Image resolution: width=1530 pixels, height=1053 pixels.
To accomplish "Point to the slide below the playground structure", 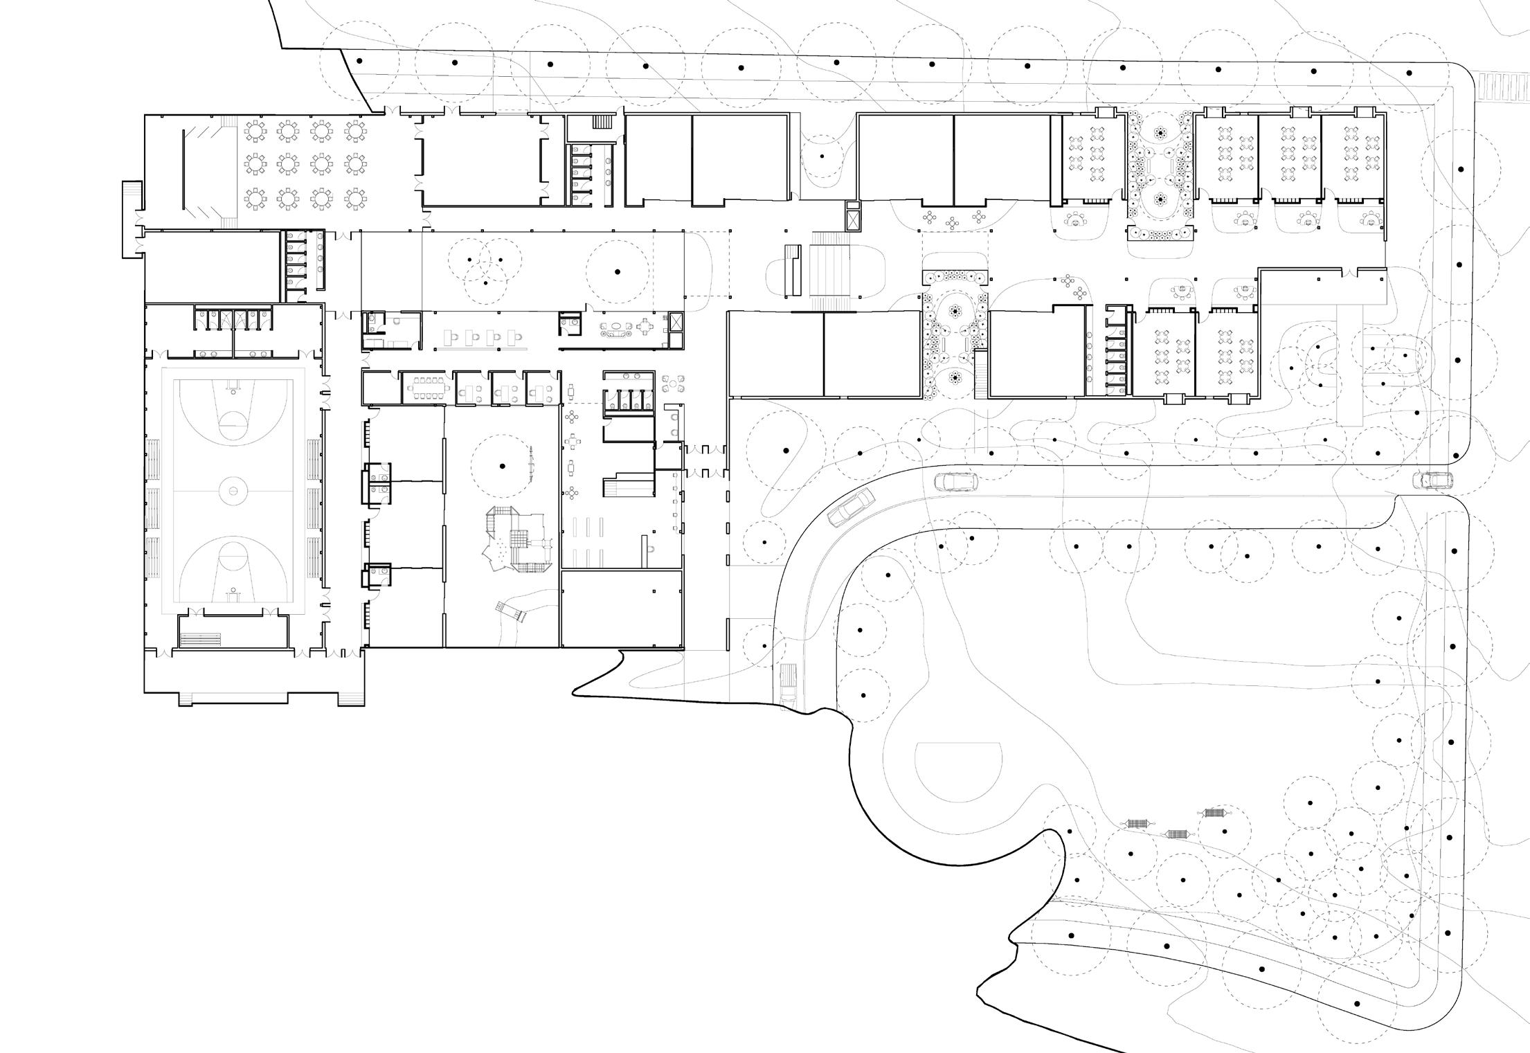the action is click(x=510, y=611).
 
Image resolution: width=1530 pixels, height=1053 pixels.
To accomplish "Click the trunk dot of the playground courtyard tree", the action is click(x=502, y=465).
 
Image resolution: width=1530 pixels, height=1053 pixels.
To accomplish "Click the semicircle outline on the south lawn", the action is click(x=958, y=771).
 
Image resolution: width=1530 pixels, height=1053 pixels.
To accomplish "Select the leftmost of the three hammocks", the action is click(x=1137, y=823).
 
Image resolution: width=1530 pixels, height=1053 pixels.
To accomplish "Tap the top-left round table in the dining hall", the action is click(x=255, y=129).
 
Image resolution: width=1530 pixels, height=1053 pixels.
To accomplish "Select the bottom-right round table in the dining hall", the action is click(x=355, y=198).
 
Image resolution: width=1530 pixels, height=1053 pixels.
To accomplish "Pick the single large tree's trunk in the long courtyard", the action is click(x=618, y=271).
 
